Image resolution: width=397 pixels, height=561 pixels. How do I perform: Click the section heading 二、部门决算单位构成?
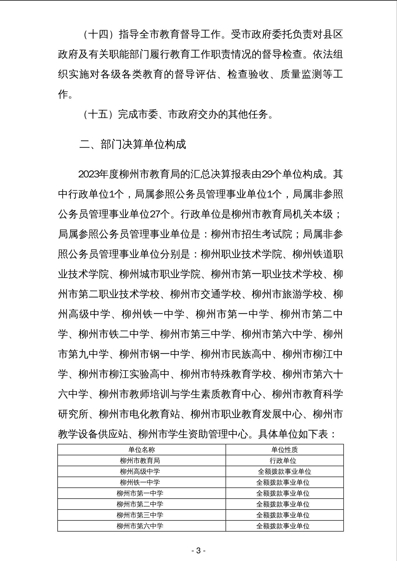click(x=132, y=144)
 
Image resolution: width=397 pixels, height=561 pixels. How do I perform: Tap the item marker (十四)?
click(x=98, y=35)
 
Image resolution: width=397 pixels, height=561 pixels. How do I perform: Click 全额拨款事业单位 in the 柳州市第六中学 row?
click(x=283, y=526)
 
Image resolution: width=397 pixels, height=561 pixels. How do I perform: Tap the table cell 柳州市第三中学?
click(x=140, y=515)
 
